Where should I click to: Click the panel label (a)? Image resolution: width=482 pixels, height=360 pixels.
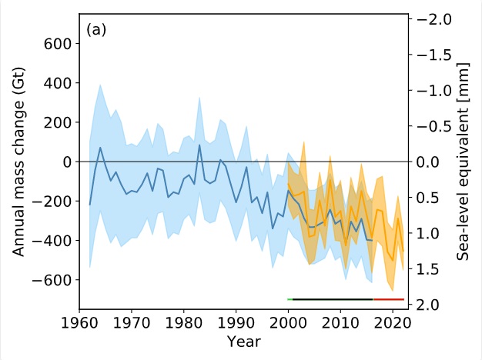96,30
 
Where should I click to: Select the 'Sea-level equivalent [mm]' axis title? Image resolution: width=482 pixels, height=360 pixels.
465,162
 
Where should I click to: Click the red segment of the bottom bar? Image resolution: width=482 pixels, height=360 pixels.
388,298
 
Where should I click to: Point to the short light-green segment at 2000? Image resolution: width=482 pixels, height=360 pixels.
290,298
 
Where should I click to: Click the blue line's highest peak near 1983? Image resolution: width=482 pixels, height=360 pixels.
199,145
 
